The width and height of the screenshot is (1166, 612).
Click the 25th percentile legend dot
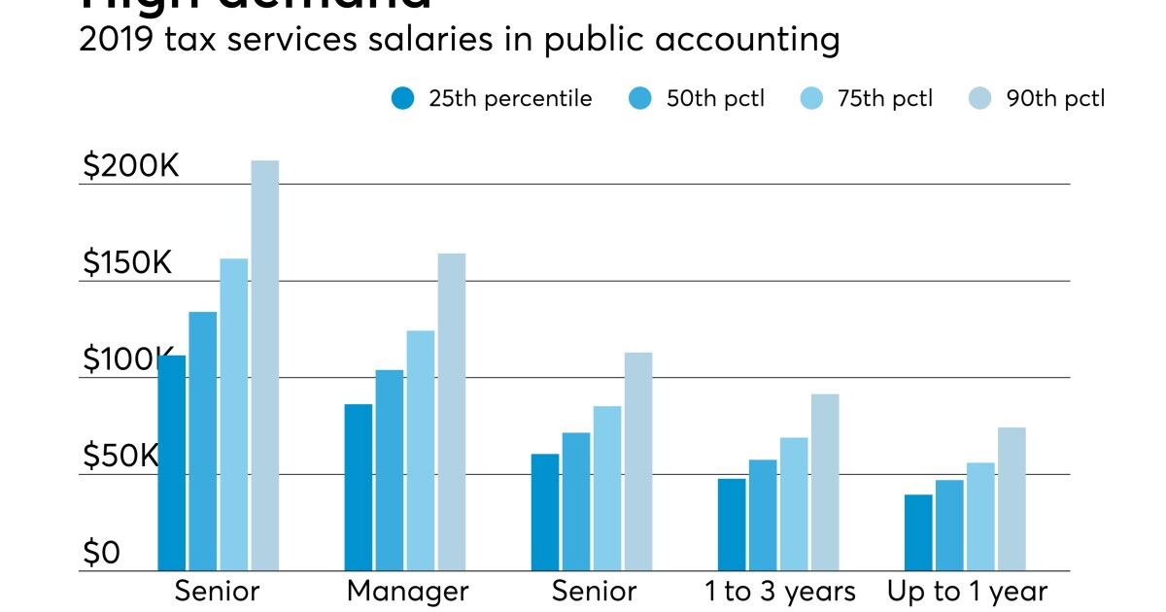[x=402, y=98]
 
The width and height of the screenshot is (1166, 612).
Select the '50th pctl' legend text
[x=715, y=98]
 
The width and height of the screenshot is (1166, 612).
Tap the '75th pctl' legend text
[x=883, y=98]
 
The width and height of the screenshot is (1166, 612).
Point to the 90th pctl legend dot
[x=980, y=98]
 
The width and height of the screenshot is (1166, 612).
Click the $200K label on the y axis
[x=131, y=166]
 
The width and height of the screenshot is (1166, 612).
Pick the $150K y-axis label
[x=127, y=263]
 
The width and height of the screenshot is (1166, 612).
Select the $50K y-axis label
[x=120, y=457]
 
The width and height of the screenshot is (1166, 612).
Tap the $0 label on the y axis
[x=101, y=554]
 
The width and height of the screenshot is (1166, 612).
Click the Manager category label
[x=407, y=592]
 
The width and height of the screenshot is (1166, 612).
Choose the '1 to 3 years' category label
[x=780, y=592]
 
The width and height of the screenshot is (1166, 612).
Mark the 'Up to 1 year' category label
[x=967, y=592]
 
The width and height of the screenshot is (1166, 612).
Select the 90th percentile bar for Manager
[x=452, y=412]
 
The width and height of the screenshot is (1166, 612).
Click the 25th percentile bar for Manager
[x=359, y=487]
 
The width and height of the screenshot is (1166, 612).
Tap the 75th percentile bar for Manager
[x=421, y=451]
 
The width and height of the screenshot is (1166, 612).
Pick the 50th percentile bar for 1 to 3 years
[x=763, y=515]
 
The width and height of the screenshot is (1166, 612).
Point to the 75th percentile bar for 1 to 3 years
[x=794, y=504]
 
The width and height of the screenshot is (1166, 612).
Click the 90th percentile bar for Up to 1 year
[x=1012, y=499]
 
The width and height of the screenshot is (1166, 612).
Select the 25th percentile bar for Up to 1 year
[x=918, y=532]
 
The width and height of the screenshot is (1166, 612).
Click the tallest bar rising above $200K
[x=265, y=365]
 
